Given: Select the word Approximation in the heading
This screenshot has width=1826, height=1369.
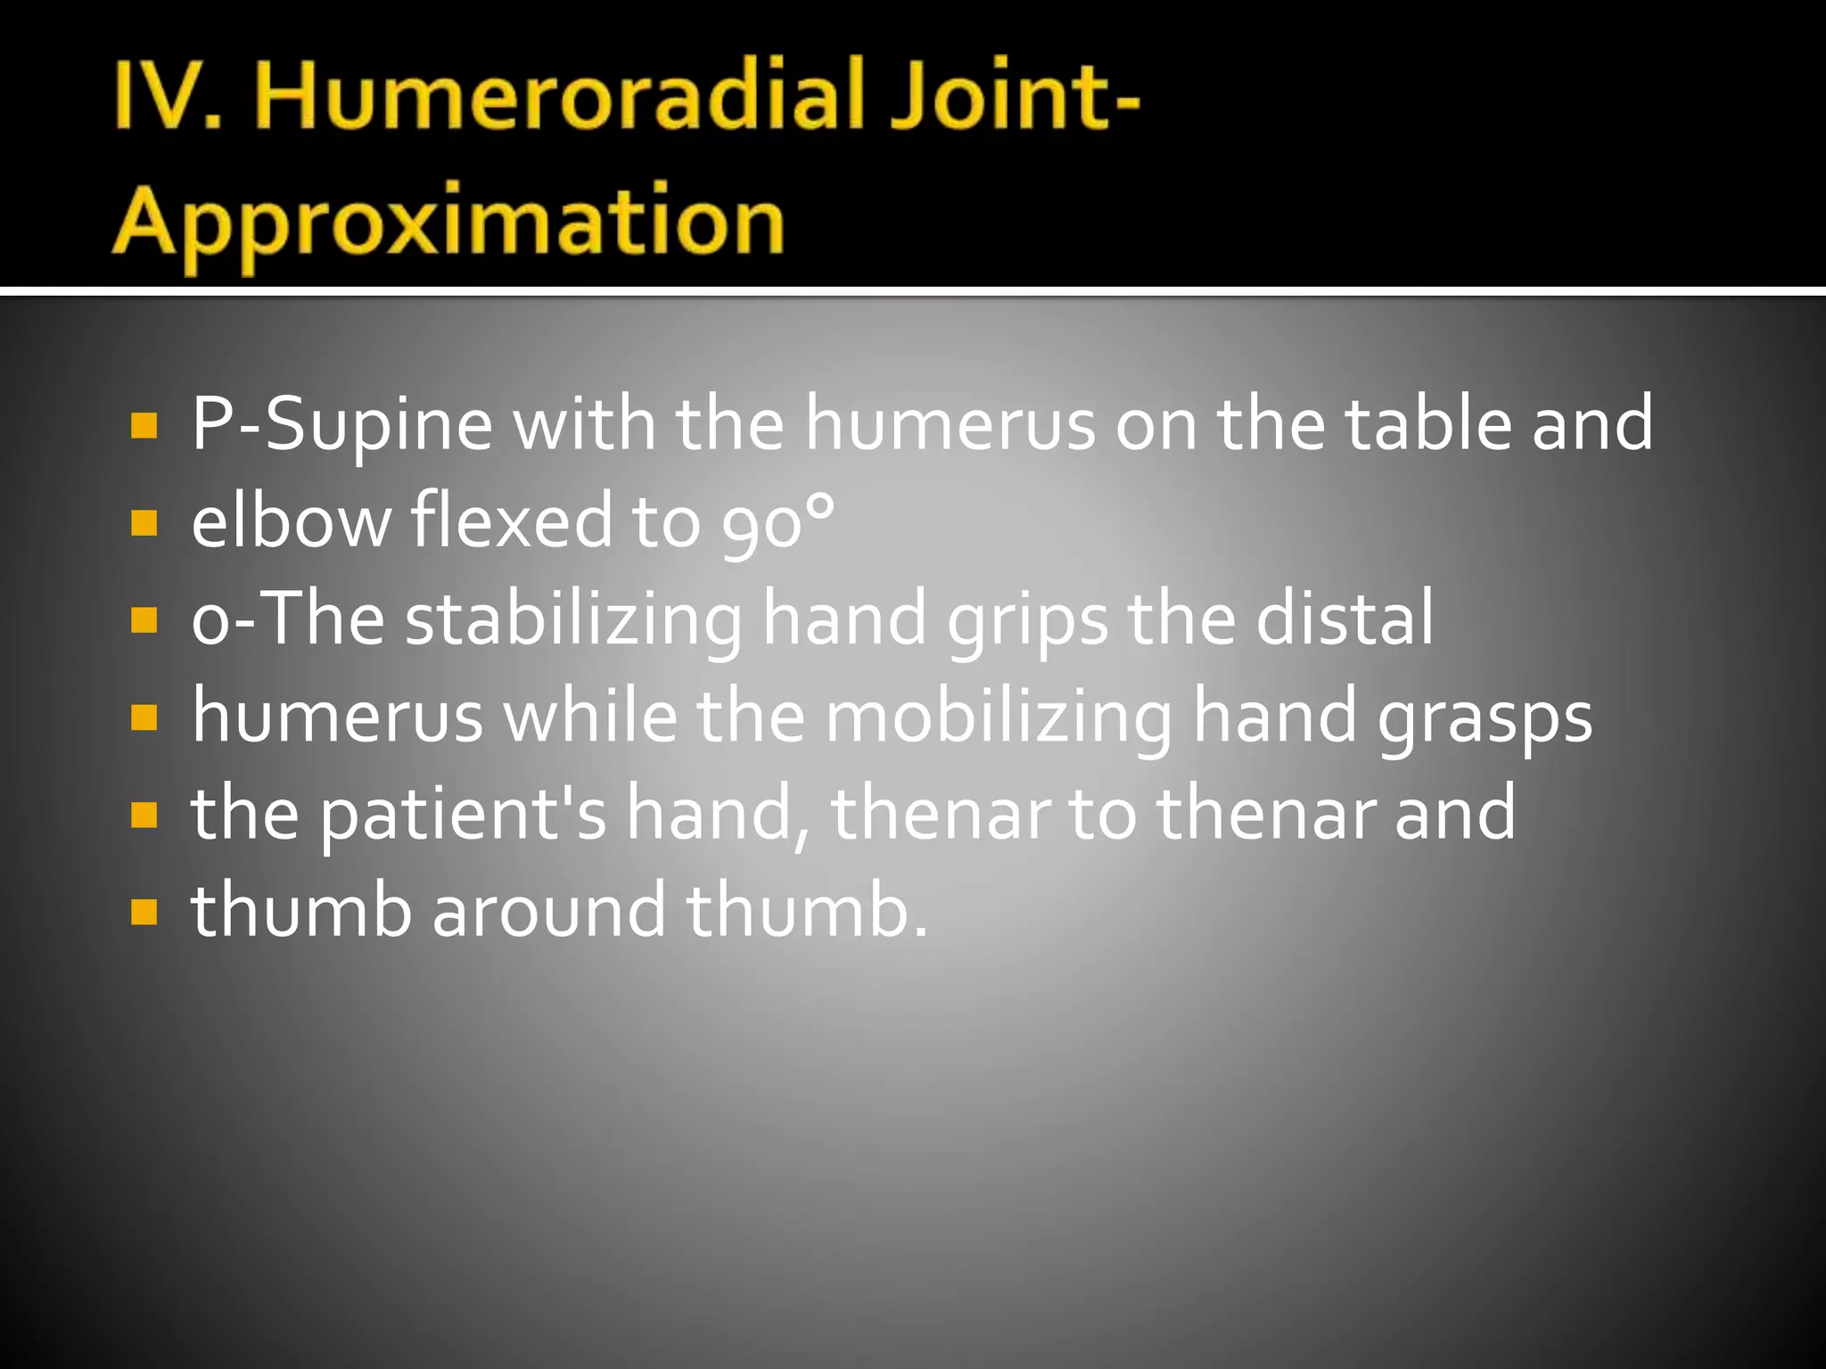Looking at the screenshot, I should click(448, 223).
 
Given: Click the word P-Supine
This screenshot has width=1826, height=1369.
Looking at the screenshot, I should click(342, 425).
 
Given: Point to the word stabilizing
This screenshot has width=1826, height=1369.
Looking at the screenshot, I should click(573, 619).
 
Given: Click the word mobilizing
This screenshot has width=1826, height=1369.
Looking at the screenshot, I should click(999, 717).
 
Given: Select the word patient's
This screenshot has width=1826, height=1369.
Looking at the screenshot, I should click(464, 815).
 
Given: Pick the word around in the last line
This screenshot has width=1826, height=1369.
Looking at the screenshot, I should click(549, 910).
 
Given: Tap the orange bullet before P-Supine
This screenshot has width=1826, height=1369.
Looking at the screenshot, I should click(144, 426).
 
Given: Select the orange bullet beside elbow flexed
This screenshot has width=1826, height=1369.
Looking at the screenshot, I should click(144, 523).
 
